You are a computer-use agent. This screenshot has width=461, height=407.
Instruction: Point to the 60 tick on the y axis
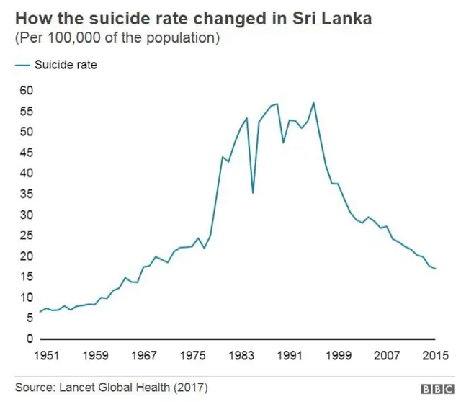coord(26,91)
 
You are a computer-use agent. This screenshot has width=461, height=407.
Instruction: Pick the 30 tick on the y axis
coord(26,215)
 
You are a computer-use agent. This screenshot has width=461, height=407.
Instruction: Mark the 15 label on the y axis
coord(26,277)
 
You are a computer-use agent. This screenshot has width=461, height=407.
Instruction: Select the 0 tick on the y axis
coord(30,339)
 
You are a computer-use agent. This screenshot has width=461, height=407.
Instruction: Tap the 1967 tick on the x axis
coord(145,355)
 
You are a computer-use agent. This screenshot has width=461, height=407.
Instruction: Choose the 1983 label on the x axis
coord(242,355)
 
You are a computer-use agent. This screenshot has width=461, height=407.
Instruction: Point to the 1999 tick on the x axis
coord(339,355)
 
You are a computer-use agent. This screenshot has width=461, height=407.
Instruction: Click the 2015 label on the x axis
coord(435,355)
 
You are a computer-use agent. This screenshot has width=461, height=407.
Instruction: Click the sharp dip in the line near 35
coord(253,193)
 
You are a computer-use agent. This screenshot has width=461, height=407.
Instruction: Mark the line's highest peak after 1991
coord(313,102)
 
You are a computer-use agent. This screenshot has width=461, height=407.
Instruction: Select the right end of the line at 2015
coord(435,269)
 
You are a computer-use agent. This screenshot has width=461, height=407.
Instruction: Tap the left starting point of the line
coord(40,311)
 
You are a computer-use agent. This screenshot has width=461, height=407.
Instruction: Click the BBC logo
coord(438,388)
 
